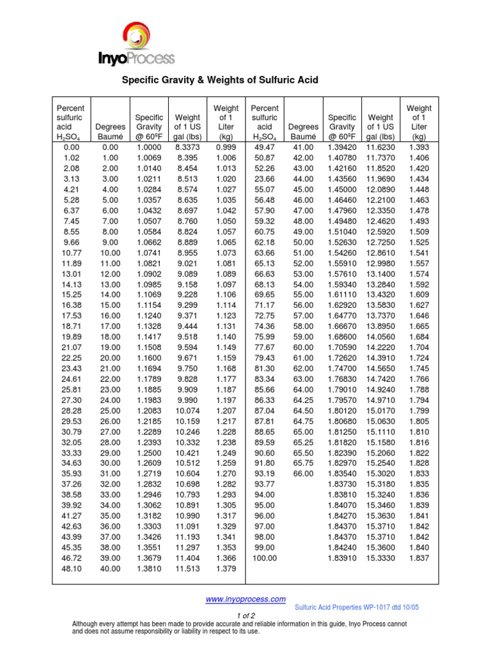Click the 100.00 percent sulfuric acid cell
[x=265, y=558]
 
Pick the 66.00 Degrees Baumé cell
[x=303, y=473]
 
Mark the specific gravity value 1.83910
[x=342, y=558]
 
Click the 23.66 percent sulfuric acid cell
[x=265, y=179]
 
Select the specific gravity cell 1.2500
[x=148, y=452]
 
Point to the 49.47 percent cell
[x=265, y=147]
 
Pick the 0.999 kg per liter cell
[x=226, y=147]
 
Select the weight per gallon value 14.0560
[x=380, y=337]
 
